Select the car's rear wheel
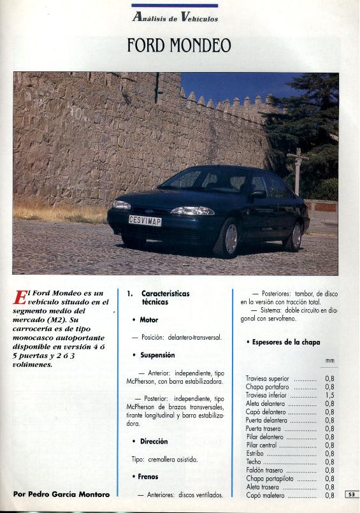[x=295, y=236]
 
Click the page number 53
[x=352, y=494]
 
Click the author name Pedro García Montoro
[x=61, y=494]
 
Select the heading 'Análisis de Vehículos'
[x=175, y=18]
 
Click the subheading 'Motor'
[x=148, y=320]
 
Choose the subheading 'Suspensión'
[x=157, y=355]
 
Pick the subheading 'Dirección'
[x=154, y=441]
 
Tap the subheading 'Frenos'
[x=148, y=477]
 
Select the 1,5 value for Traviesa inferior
[x=329, y=395]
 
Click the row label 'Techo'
[x=254, y=461]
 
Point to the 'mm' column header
[x=329, y=361]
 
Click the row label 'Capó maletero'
[x=266, y=495]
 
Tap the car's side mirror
[x=258, y=194]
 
